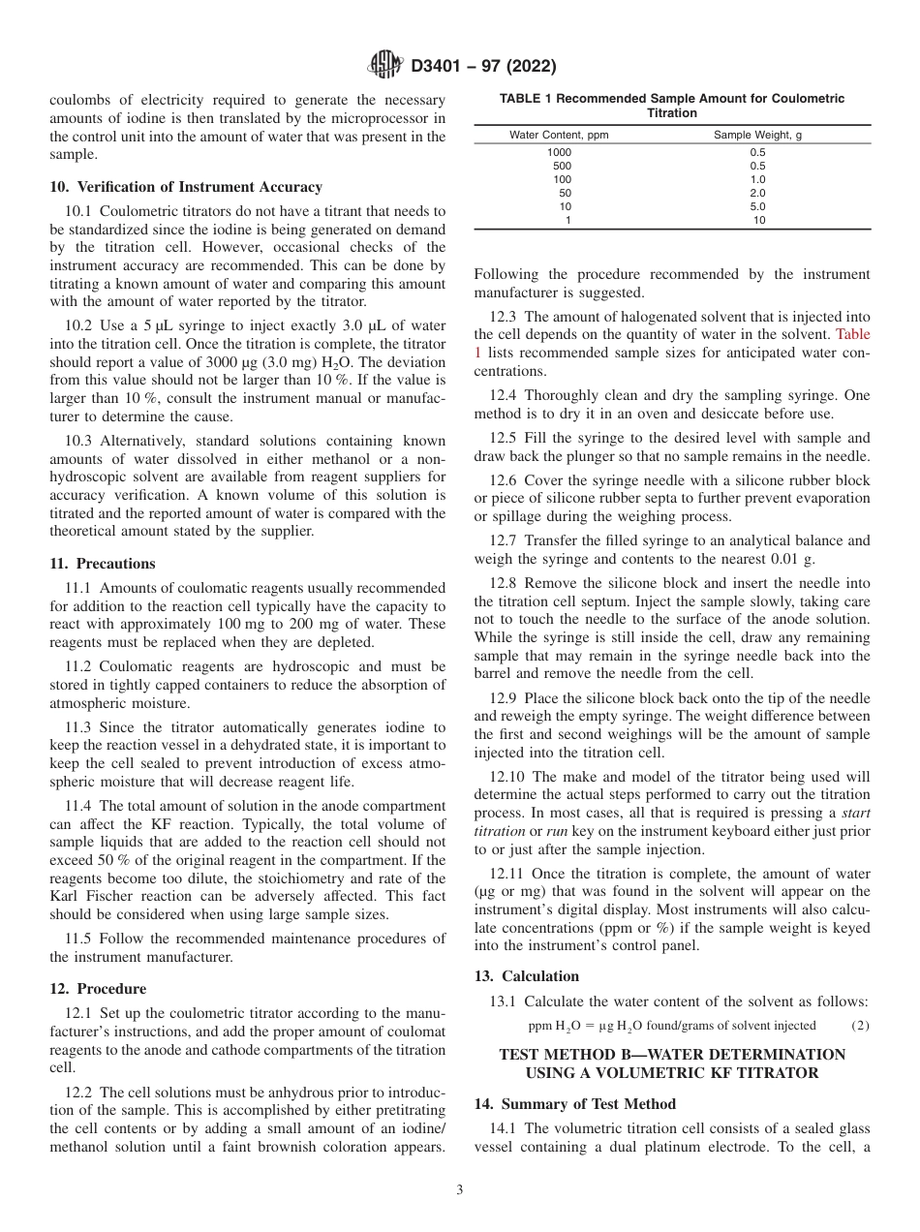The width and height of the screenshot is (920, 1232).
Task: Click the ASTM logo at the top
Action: click(x=386, y=66)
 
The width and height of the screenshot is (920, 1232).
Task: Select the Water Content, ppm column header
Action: click(x=559, y=135)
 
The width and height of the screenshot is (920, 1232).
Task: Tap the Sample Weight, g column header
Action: click(x=757, y=135)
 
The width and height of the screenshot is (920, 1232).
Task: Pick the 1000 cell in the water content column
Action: click(x=559, y=152)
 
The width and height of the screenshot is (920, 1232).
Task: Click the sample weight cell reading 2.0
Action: click(x=757, y=193)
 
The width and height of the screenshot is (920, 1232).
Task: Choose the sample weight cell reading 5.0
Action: click(x=757, y=206)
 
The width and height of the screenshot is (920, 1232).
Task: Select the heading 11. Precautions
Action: click(x=102, y=564)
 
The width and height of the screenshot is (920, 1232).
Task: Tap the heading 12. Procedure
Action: click(x=98, y=989)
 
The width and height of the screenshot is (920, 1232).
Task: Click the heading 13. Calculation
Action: click(x=526, y=976)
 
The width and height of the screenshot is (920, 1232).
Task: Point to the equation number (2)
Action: click(x=860, y=1025)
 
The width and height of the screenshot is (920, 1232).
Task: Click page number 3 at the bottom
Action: click(x=460, y=1190)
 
